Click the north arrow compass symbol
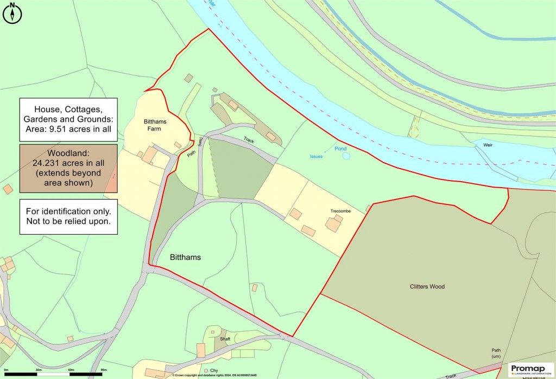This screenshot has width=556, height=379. pos(12,13)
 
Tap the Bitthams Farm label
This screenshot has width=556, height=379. pos(155,125)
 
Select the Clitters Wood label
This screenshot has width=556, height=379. pos(427,286)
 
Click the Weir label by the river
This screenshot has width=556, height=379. pos(484,145)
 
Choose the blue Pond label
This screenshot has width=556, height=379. pos(340,149)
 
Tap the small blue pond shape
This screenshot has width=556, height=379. pos(346,156)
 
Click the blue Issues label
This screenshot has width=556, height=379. pos(316,157)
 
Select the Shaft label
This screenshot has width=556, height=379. pos(225,339)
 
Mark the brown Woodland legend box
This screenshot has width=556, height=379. pos(68,169)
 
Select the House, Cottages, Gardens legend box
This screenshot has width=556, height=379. pos(68,120)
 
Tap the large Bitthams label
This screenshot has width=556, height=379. pos(186,258)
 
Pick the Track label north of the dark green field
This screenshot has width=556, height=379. pos(249,139)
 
